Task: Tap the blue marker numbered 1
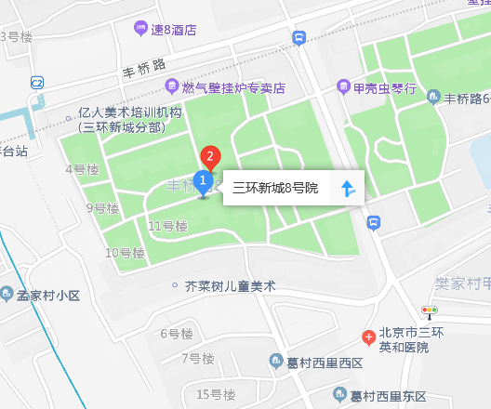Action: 203,180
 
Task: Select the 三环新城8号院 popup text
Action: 275,189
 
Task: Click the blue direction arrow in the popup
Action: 348,189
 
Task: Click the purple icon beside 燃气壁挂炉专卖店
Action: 171,87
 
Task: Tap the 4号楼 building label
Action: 82,169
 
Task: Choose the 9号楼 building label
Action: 102,207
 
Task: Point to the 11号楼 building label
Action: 167,226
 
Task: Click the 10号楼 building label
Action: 124,253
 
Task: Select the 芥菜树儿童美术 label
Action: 231,286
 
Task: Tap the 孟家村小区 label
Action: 49,296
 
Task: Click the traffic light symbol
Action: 430,310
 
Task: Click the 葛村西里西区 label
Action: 324,363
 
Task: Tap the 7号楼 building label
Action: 198,358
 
